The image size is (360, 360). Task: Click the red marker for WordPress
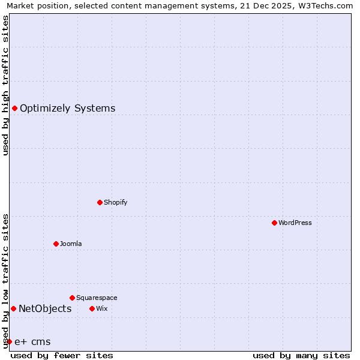[x=274, y=223]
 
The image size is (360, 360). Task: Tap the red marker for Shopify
[x=100, y=202]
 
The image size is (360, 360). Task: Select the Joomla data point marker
[x=56, y=244]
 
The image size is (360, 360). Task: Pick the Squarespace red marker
[x=72, y=298]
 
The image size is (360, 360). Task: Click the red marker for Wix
[x=92, y=308]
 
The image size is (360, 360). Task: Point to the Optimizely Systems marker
[x=14, y=108]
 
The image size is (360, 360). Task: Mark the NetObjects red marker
[x=13, y=308]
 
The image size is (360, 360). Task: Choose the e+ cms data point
[x=9, y=341]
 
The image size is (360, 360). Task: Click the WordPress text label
[x=295, y=223]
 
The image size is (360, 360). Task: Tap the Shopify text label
[x=116, y=202]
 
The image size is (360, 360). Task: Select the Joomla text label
[x=71, y=244]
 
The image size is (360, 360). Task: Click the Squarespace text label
[x=97, y=298]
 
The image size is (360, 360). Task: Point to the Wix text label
[x=101, y=308]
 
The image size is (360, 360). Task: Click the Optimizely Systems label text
[x=68, y=108]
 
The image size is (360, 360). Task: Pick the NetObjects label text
[x=45, y=308]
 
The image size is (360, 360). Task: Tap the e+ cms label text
[x=32, y=342]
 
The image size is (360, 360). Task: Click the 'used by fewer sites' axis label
[x=62, y=355]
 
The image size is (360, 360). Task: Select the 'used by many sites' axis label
[x=301, y=355]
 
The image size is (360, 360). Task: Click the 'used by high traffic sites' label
[x=5, y=85]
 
